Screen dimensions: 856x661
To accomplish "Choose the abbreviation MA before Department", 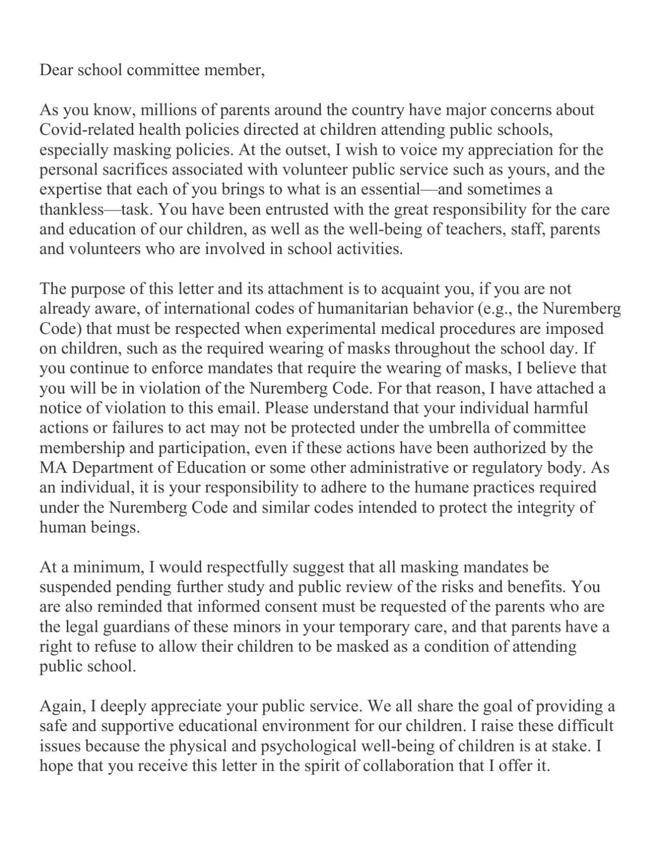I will click(x=51, y=468).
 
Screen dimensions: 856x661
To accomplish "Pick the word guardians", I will click(x=132, y=627).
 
